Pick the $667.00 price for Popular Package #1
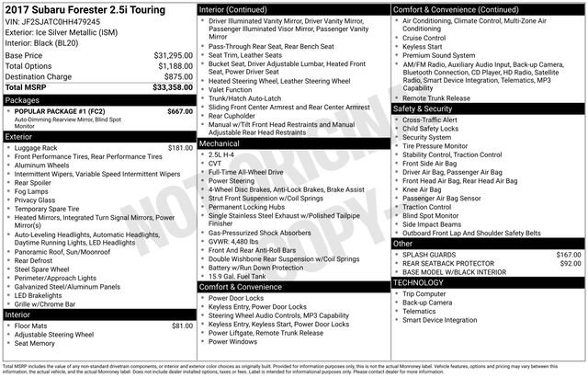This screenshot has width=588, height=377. (x=180, y=111)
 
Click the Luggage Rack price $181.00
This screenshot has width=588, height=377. (x=180, y=147)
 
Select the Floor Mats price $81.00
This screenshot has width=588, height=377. (x=182, y=326)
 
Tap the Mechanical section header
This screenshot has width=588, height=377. (x=220, y=144)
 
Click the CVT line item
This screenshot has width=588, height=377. (x=218, y=165)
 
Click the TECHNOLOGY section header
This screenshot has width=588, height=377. (x=419, y=282)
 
